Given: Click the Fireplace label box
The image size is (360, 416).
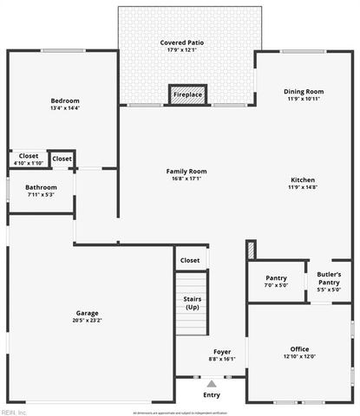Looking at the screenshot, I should coord(187,94).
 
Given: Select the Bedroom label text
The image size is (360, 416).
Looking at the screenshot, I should coord(64,101).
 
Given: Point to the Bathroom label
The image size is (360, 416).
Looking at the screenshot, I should coord(41,187).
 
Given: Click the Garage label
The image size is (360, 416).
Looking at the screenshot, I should coord(87,313).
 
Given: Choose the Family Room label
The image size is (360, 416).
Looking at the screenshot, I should coord(187,172).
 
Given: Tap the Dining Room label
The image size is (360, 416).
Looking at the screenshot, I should coord(303,91).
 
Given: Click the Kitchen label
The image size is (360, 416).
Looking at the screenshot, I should coord(303,179).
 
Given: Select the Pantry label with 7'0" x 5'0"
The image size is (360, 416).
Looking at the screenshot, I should coord(276,278).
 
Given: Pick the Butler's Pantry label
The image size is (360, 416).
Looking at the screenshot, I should coord(328,278).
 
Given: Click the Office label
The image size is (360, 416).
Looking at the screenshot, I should coord(299,349).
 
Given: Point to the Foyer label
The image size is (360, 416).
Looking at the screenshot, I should coord(222,352).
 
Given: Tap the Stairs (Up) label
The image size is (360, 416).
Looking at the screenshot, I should coord(192,302).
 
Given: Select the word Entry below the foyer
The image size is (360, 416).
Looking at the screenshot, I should coord(212,395).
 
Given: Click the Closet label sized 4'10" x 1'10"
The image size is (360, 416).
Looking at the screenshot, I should coord(29,156).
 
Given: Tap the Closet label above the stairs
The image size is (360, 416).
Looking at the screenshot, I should coord(189,260).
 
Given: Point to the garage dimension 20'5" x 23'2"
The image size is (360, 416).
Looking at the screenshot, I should coord(88,321).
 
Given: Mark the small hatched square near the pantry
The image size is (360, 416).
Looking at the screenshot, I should coord(251,250).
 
